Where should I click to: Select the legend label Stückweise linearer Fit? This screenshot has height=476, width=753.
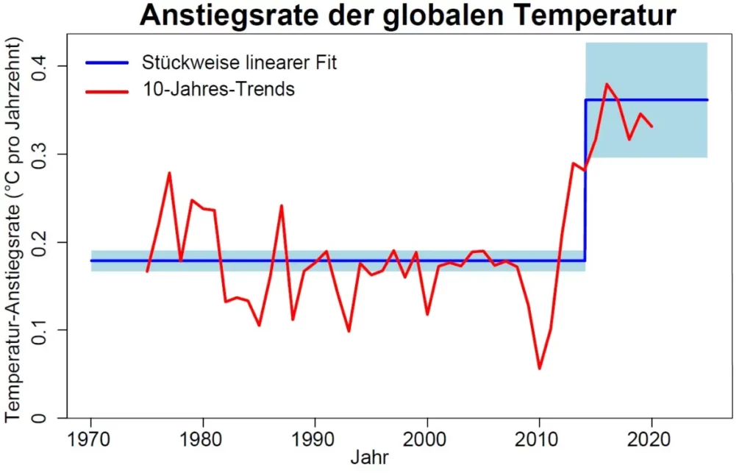click(x=239, y=63)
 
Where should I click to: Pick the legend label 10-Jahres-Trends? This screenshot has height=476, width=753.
click(x=218, y=90)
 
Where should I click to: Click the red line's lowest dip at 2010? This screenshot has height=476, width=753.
click(x=540, y=368)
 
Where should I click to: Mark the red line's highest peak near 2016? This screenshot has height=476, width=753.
click(x=607, y=84)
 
